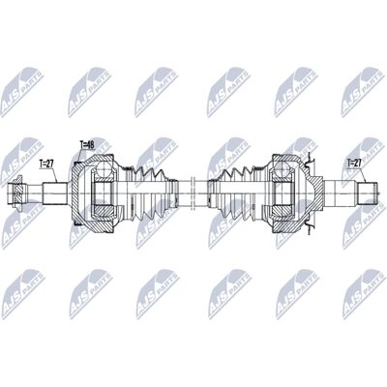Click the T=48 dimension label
[87, 145]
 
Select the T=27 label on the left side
[45, 164]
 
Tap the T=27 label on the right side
[354, 163]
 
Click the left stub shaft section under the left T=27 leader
[55, 193]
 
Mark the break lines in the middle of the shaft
[193, 193]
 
